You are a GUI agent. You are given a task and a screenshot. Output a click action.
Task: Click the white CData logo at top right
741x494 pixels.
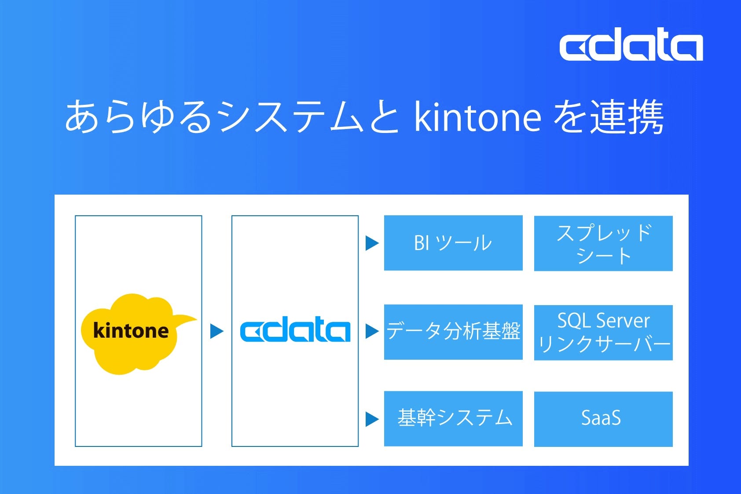tap(631, 45)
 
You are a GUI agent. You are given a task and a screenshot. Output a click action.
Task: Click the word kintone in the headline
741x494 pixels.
tap(477, 117)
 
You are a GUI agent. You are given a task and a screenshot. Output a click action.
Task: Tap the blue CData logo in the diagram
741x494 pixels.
tap(295, 331)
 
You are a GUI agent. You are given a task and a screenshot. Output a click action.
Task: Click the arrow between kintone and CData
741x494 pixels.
tap(216, 331)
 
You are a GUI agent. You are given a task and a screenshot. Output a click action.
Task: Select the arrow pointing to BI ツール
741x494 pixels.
tap(372, 243)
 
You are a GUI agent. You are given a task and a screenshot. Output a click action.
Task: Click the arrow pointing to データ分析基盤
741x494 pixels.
tap(372, 331)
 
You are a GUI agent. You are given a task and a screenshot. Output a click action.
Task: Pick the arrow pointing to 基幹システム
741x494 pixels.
tap(372, 419)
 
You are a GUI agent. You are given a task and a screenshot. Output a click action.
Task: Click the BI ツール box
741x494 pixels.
tap(453, 243)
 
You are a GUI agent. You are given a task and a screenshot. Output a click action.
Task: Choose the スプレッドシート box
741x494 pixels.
tap(603, 243)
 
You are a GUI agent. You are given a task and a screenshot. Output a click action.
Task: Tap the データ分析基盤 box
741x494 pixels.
tap(453, 332)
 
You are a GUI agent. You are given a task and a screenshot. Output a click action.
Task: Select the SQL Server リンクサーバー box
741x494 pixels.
tap(603, 332)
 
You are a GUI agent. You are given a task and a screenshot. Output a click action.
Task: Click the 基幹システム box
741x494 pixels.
tap(453, 418)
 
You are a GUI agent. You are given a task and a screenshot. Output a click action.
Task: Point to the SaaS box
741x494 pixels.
tap(603, 419)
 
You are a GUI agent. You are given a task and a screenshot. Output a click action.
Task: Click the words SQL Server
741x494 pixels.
tap(603, 321)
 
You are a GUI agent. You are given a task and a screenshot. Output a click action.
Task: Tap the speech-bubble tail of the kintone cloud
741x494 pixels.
tap(187, 320)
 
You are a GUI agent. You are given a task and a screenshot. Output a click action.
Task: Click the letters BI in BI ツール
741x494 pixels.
tap(422, 243)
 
